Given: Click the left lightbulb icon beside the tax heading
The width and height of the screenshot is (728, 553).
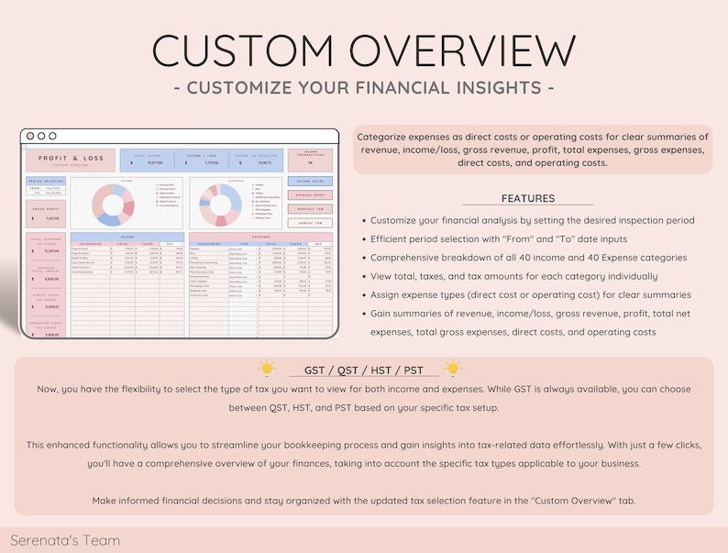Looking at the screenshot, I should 267,369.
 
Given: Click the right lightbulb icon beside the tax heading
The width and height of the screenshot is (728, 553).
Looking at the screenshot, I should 452,369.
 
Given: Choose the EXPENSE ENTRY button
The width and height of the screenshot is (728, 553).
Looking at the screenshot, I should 310,195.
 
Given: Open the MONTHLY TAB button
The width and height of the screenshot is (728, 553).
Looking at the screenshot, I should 310,209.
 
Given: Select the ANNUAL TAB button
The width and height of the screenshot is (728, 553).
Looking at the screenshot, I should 310,223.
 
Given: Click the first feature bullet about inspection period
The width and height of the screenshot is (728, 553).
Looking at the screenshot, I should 532,220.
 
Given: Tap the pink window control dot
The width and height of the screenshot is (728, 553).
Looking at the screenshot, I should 29,136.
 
